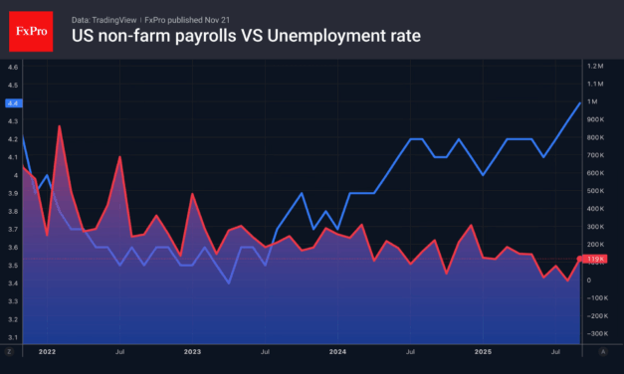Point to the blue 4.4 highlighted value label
coord(12,103)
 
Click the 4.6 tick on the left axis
coord(12,67)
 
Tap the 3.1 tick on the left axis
coord(12,338)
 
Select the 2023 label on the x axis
coord(192,352)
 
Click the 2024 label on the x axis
coord(337,352)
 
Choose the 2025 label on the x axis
coord(483,352)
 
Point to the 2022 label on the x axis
coord(47,352)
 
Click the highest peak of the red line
coord(60,126)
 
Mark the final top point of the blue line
coord(581,102)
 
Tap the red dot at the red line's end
coord(581,259)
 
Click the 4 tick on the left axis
coord(12,175)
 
